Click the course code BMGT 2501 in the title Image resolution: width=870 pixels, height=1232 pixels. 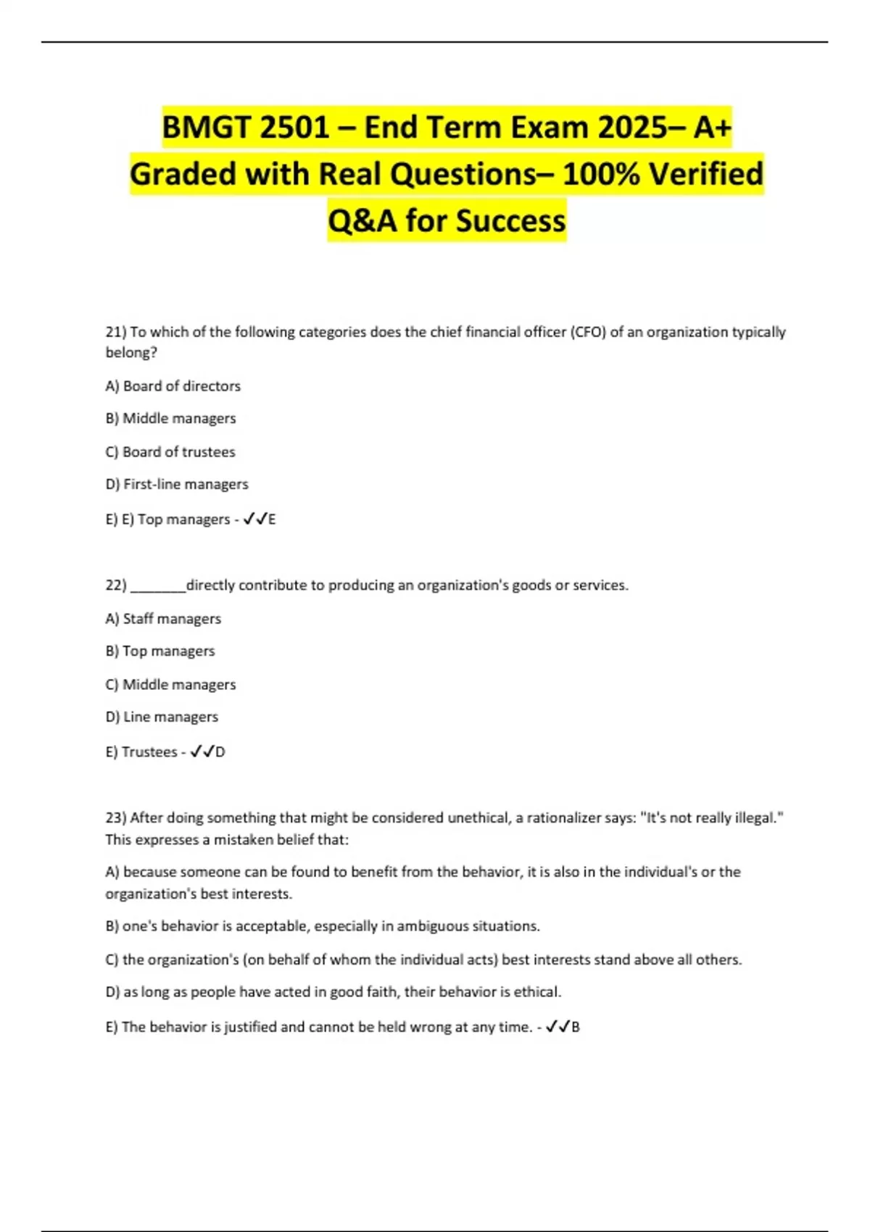tap(246, 128)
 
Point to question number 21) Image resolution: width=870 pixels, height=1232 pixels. tap(116, 332)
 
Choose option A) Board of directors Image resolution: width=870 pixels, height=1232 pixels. tap(173, 386)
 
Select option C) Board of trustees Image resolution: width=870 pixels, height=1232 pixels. tap(170, 452)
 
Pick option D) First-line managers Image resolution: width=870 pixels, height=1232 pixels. tap(177, 484)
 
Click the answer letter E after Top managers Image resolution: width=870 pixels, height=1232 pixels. tap(272, 520)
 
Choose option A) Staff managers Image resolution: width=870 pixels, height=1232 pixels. tap(163, 619)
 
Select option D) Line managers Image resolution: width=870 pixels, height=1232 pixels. tap(162, 717)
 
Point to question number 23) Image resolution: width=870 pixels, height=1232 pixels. tap(116, 818)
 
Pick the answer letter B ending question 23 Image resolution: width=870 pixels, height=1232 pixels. tap(576, 1027)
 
